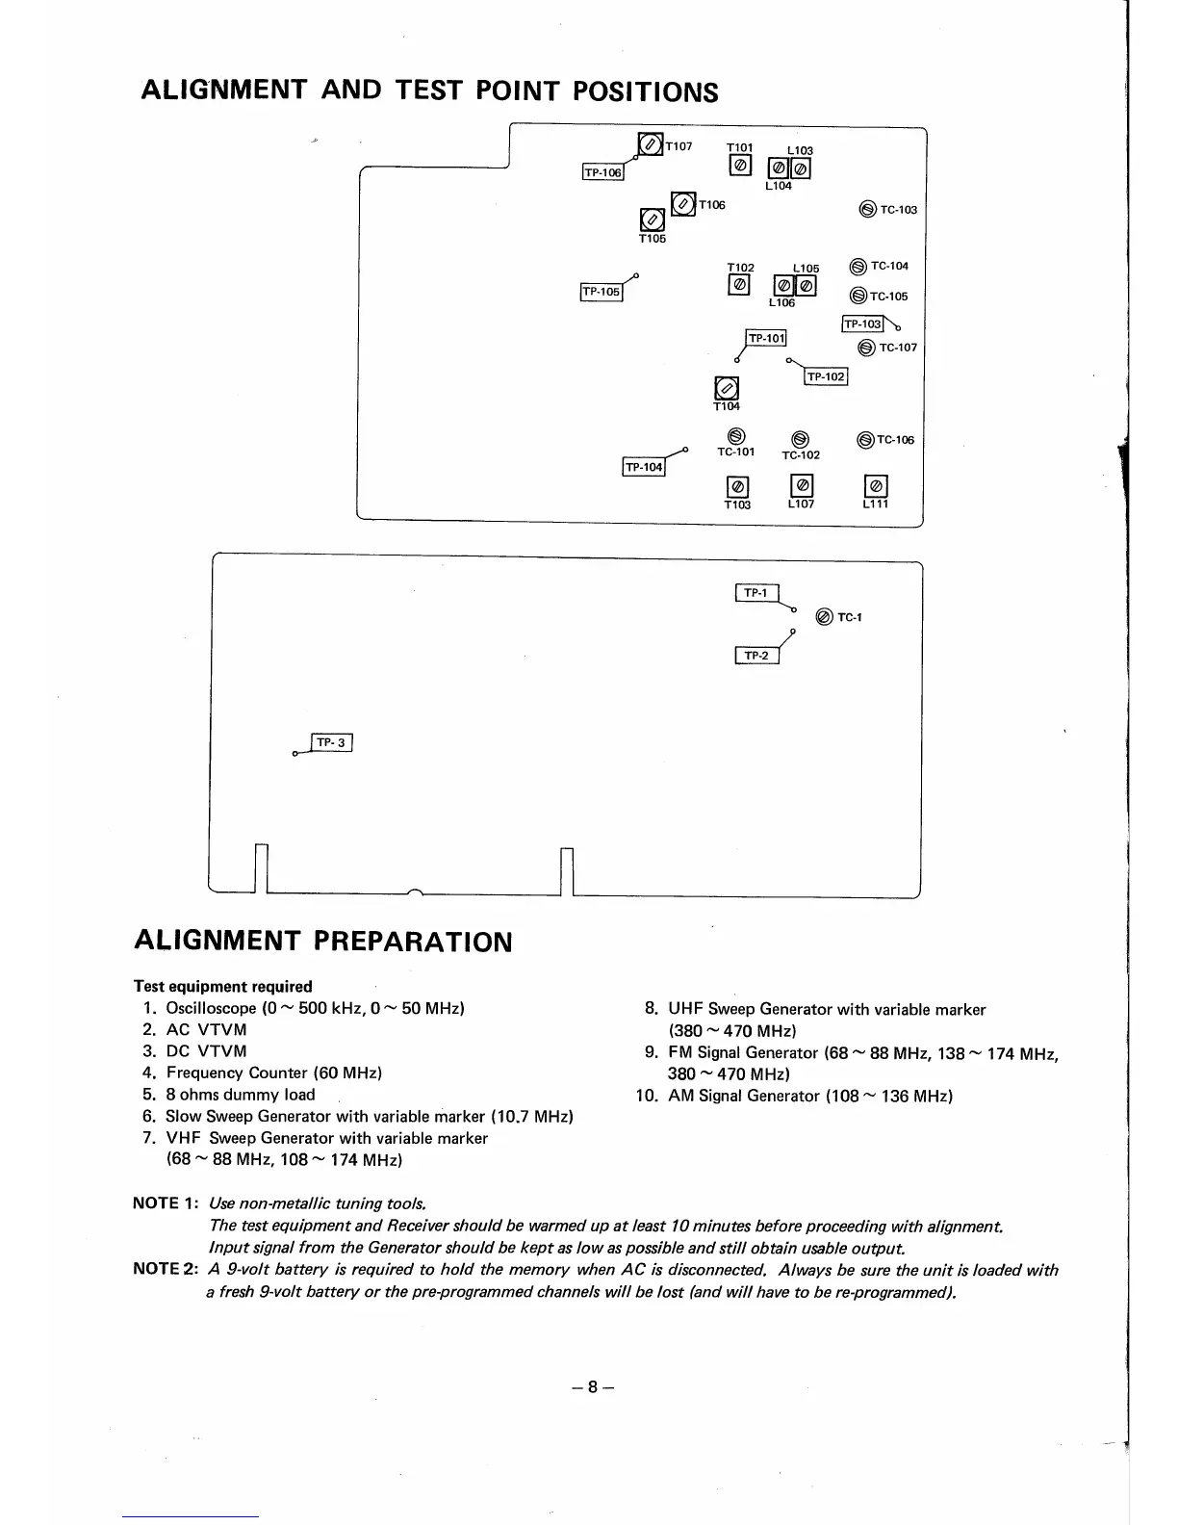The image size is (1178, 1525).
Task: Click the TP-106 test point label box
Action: pos(603,172)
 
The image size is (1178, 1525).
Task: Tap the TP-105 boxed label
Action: pos(602,292)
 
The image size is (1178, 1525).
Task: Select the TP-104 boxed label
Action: pos(645,468)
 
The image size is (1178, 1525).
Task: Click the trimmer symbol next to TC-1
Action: pos(824,617)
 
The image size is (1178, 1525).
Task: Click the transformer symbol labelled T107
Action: pos(651,146)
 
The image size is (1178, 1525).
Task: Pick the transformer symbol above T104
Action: pos(727,389)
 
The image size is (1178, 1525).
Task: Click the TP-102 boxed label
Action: pos(826,376)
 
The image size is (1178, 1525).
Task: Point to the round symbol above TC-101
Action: pos(734,436)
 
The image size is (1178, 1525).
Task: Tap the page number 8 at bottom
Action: pos(594,1387)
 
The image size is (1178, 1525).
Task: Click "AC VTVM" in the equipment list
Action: pos(206,1030)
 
